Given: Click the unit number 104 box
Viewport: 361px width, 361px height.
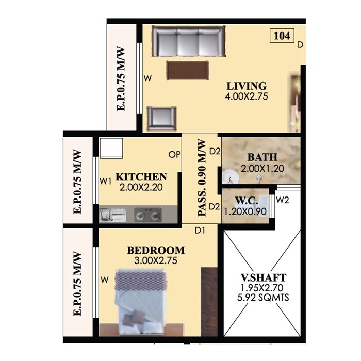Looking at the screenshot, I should pos(282,36).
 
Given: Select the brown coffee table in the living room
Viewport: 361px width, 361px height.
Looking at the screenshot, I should pos(187,70).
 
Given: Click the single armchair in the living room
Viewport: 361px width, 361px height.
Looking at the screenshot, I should pos(162,119).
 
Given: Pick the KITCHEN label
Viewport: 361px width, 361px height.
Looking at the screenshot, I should pos(141,176).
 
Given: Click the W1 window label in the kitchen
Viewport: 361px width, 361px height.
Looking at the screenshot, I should pos(106,181).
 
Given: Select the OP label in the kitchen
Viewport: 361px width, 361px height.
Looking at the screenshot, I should pos(173,154).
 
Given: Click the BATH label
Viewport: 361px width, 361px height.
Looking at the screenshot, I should pos(262,157).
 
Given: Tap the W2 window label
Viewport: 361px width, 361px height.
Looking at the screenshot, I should pos(283,200).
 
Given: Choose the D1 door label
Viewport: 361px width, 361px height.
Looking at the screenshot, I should pos(200,230).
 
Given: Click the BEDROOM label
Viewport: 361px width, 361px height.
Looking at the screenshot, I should pos(156,251).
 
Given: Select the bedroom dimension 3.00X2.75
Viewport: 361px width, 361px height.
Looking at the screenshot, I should pos(156,261).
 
